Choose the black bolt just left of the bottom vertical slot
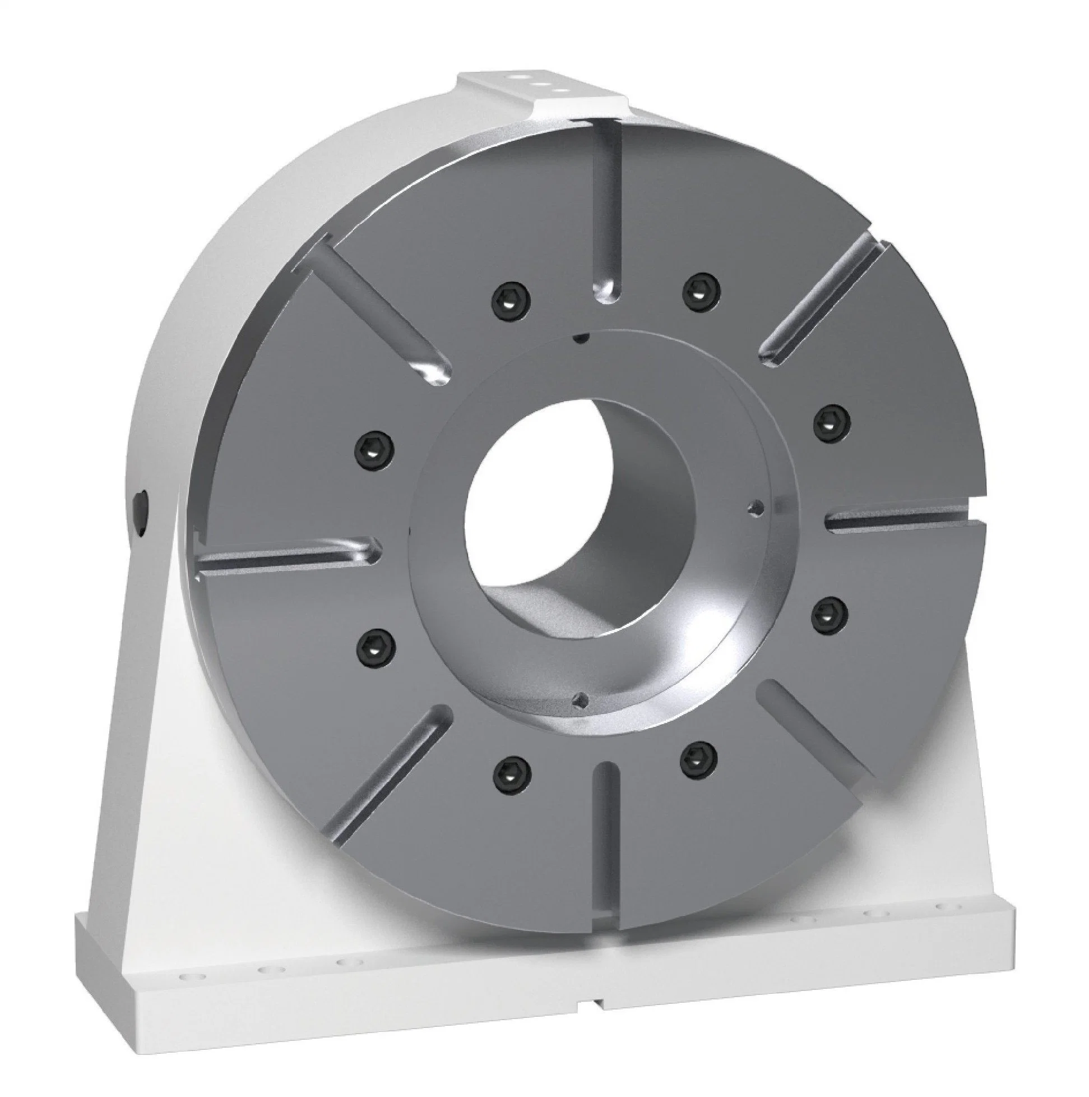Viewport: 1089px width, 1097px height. click(511, 771)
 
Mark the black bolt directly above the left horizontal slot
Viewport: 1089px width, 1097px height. click(376, 453)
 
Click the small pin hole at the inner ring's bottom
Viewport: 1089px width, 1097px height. click(579, 698)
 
